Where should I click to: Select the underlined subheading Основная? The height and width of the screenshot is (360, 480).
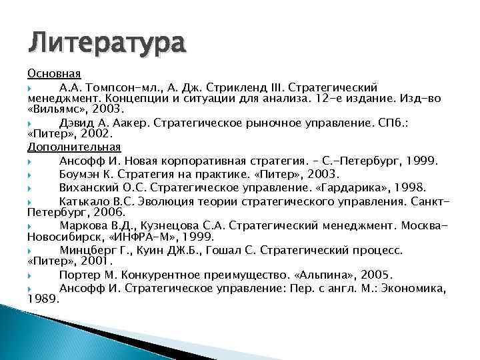point(54,74)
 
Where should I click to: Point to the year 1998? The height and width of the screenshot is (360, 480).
point(407,187)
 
